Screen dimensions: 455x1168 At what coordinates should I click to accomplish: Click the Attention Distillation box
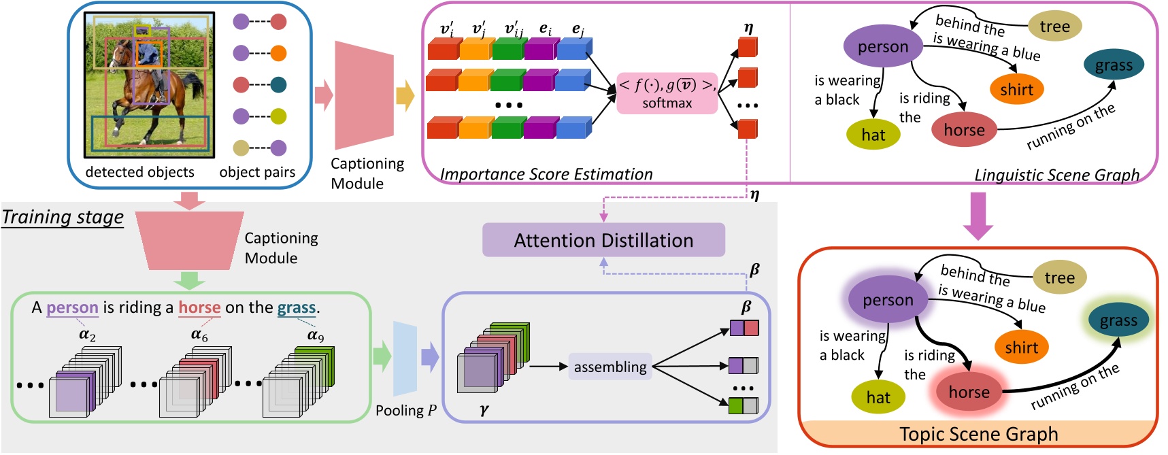coord(603,240)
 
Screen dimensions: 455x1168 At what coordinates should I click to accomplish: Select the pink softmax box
coord(667,94)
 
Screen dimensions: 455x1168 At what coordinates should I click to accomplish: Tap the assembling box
coord(610,367)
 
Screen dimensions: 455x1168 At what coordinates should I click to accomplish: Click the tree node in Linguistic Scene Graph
coord(1054,27)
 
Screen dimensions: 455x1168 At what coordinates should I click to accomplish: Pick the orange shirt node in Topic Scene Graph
coord(1021,348)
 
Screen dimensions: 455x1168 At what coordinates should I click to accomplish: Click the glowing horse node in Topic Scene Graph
coord(969,392)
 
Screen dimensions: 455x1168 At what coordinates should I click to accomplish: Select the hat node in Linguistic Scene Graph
coord(873,135)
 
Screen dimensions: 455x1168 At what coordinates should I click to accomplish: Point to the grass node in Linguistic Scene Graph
coord(1114,65)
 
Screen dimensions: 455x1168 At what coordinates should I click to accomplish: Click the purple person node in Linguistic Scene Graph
coord(882,47)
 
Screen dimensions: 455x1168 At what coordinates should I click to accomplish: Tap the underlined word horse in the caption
coord(199,307)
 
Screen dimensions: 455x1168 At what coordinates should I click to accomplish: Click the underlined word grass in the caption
coord(296,307)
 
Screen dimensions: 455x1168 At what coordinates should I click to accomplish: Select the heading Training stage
coord(63,217)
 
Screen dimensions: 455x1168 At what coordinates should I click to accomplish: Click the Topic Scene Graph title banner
coord(978,434)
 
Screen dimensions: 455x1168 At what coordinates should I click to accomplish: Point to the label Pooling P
coord(405,410)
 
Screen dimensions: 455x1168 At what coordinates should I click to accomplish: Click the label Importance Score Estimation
coord(546,174)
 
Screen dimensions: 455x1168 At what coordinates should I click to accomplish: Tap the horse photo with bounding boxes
coord(149,85)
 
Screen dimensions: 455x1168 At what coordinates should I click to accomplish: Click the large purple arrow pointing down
coord(978,216)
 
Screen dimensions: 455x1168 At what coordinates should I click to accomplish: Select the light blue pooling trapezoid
coord(405,358)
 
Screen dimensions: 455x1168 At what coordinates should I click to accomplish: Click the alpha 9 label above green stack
coord(316,335)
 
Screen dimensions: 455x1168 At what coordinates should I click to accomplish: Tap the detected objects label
coord(139,172)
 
